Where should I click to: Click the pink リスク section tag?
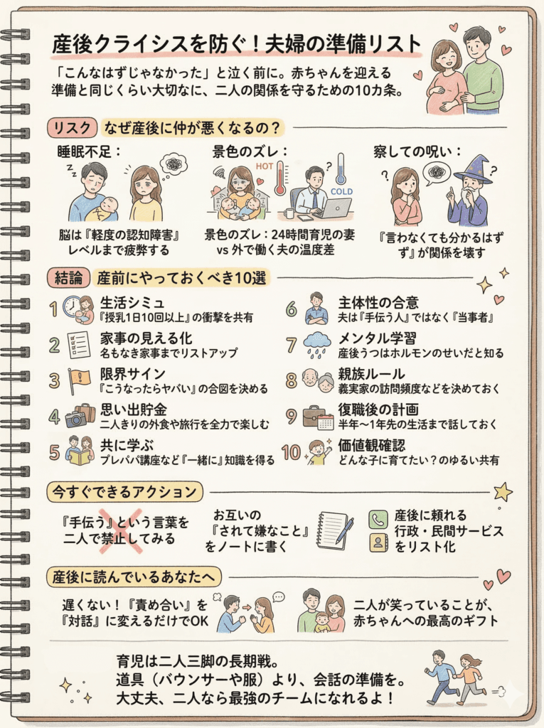(72, 128)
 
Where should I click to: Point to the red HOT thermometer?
(280, 177)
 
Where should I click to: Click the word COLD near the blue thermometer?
(341, 191)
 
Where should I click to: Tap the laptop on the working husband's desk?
(336, 208)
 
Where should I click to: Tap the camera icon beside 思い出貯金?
(76, 418)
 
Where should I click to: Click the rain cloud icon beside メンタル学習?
(317, 345)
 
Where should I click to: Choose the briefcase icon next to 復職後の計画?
(314, 416)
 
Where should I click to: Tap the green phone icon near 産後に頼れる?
(378, 519)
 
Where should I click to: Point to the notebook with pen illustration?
(333, 530)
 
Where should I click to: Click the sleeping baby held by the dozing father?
(105, 208)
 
